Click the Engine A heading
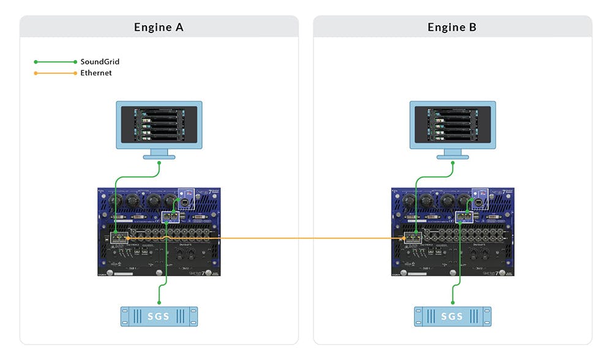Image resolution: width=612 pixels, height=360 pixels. coord(159,28)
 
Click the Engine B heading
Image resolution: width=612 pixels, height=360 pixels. coord(452,28)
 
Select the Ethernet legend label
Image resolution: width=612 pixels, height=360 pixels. coord(96,73)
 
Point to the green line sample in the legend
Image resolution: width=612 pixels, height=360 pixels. coord(55,62)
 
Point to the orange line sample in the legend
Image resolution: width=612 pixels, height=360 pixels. coord(55,73)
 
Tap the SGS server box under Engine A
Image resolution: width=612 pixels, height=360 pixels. coord(159,316)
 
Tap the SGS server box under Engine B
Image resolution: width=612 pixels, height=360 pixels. coord(452,316)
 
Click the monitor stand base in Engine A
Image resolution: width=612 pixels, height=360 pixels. coord(159,157)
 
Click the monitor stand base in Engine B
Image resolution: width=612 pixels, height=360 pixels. coord(452,157)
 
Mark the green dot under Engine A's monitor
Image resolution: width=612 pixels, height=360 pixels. coord(159,163)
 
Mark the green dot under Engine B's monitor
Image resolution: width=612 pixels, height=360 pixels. coord(452,163)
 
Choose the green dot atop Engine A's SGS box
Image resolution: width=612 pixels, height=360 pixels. coord(159,301)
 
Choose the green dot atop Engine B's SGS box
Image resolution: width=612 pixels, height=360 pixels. coord(453,301)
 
